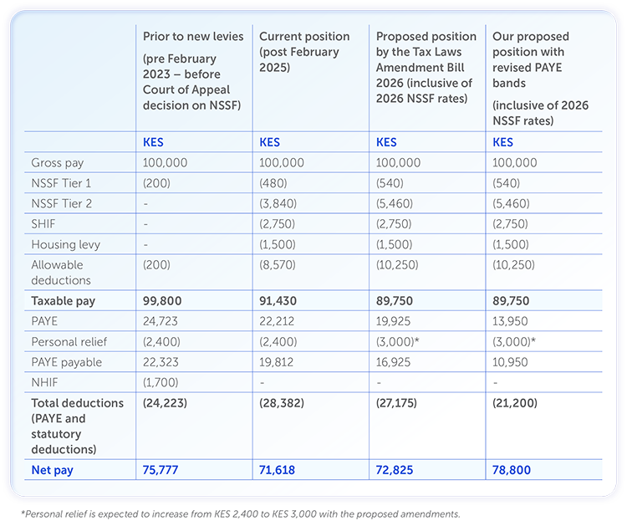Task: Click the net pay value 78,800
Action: coord(512,470)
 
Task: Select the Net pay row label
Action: coord(52,470)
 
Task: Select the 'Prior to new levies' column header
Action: coord(191,37)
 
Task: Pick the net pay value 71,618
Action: coord(278,470)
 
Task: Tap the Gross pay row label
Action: coord(57,163)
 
